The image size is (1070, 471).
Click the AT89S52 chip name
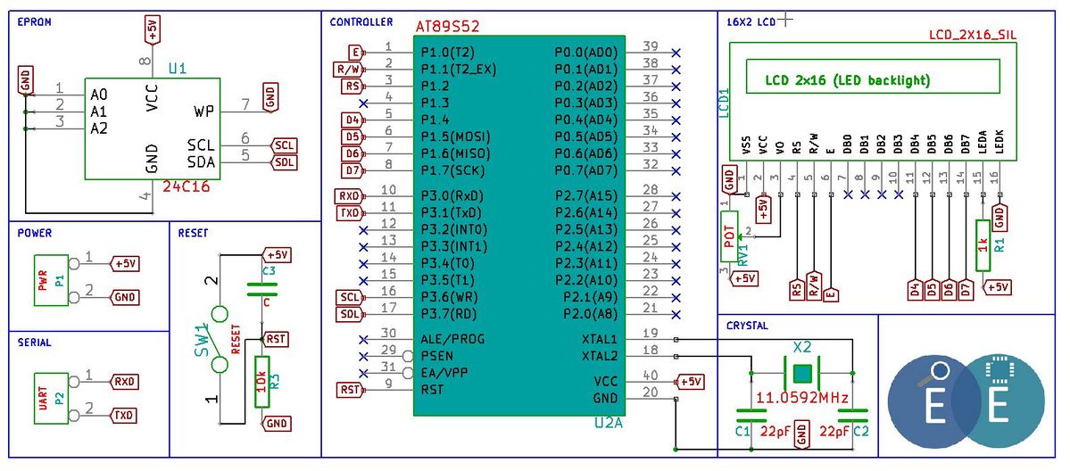coord(448,28)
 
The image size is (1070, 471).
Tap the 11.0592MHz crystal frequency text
coord(801,397)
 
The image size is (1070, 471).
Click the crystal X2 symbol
coord(801,374)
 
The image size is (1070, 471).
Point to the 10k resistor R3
coord(262,382)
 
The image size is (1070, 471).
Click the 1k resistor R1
coord(983,245)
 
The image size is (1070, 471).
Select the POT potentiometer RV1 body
coord(729,235)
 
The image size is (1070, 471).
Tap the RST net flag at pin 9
coord(351,390)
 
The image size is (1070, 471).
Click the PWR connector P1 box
coord(51,279)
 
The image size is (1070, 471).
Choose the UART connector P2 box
coord(51,398)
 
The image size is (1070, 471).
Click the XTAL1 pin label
coord(599,339)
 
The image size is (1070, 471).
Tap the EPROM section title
coord(34,21)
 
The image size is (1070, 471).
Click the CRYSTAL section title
coord(747,326)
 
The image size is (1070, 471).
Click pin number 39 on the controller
coord(651,45)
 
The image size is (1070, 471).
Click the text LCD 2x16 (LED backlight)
coord(848,80)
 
